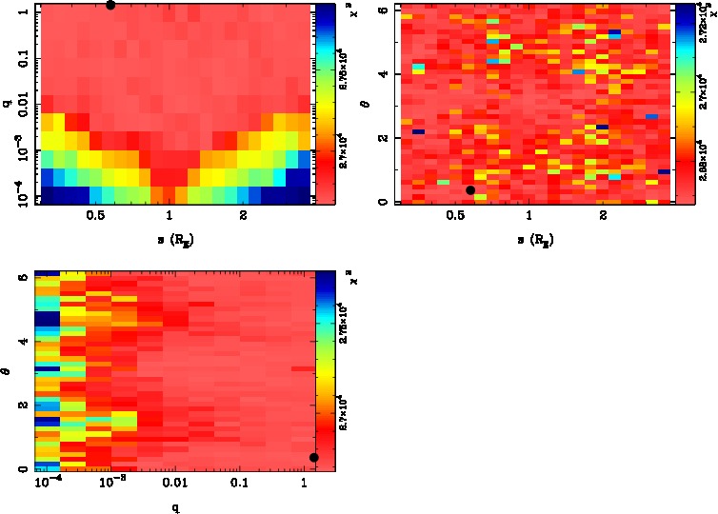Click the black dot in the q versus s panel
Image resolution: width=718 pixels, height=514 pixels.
[x=110, y=4]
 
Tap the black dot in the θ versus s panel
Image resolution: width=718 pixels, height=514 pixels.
[x=470, y=190]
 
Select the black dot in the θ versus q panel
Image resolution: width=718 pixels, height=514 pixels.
[x=314, y=458]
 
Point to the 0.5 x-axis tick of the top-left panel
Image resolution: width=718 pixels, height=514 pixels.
[x=95, y=215]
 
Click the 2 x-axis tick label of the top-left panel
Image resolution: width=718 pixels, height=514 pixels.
[x=244, y=215]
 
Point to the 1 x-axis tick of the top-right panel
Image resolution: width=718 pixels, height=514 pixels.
[x=529, y=215]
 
